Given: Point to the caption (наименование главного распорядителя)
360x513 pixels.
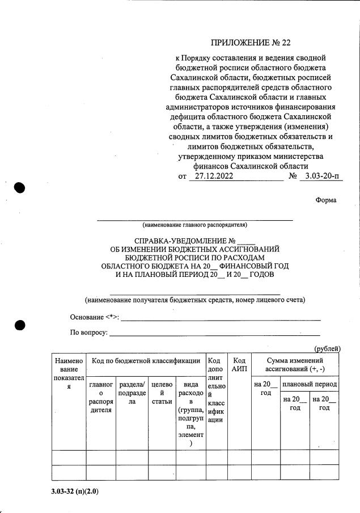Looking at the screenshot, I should [x=195, y=224].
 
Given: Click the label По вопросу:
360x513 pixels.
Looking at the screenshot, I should [x=89, y=332].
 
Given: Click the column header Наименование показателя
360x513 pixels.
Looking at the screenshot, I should [x=69, y=373].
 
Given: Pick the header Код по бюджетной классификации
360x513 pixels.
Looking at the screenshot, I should [x=146, y=361].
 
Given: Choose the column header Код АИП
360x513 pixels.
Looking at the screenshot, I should [x=239, y=365].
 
